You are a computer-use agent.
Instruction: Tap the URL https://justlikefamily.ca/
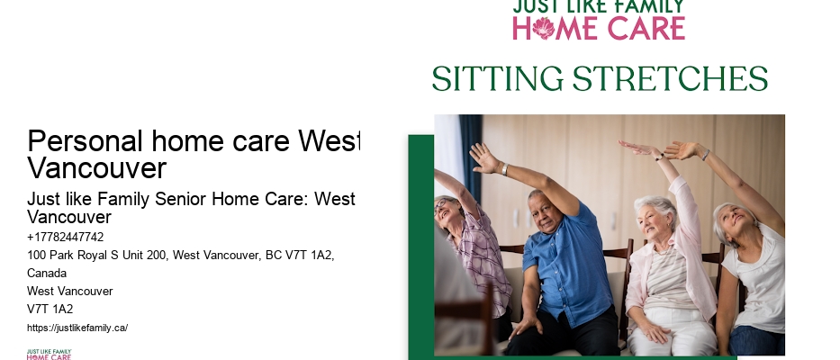tap(77, 328)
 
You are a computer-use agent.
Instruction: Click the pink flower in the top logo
tap(544, 28)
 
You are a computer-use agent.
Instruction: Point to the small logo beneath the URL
tap(49, 354)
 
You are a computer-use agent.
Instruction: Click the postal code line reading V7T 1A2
tap(50, 309)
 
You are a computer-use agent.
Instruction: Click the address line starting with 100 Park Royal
tap(181, 256)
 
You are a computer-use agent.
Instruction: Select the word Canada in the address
tap(47, 273)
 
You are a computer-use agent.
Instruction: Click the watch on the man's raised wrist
tap(504, 169)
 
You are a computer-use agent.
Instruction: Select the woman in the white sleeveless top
tap(752, 270)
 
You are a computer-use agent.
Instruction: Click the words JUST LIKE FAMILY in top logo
tap(598, 7)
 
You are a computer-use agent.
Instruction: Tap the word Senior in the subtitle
tap(158, 199)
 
